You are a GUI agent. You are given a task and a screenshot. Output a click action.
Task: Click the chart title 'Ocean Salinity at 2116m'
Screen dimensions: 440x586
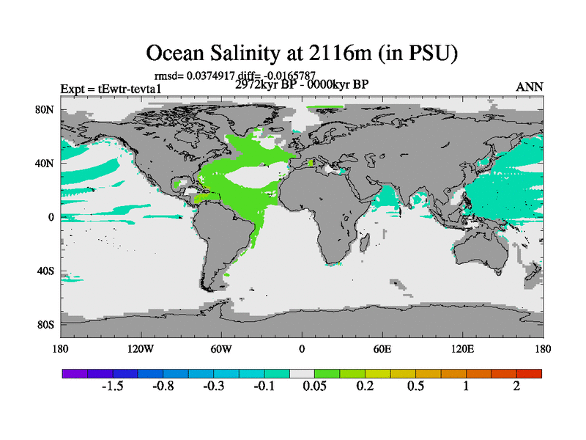pyautogui.click(x=302, y=53)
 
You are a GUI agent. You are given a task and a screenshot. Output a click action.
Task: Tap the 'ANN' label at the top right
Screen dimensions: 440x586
pyautogui.click(x=530, y=87)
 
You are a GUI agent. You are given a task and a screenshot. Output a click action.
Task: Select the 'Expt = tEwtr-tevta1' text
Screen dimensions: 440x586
pyautogui.click(x=111, y=89)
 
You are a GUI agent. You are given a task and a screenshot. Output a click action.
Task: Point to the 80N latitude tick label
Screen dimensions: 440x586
pyautogui.click(x=45, y=109)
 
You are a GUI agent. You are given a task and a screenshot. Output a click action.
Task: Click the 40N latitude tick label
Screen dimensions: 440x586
pyautogui.click(x=45, y=163)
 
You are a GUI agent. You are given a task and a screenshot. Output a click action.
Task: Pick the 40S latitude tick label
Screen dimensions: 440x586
pyautogui.click(x=45, y=271)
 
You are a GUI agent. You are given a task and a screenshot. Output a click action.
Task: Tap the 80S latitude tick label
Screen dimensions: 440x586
pyautogui.click(x=45, y=324)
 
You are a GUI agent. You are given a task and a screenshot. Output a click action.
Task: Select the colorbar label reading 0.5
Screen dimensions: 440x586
pyautogui.click(x=415, y=386)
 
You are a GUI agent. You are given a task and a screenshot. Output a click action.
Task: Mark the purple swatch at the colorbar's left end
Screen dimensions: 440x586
pyautogui.click(x=75, y=373)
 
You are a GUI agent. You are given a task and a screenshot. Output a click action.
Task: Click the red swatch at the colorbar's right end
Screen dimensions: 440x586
pyautogui.click(x=529, y=373)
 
